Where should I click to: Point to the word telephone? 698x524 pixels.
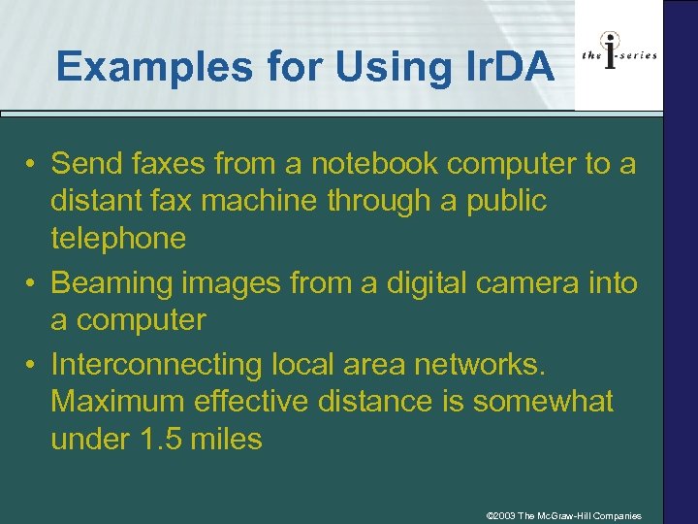pyautogui.click(x=117, y=239)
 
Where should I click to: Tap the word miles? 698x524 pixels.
pyautogui.click(x=226, y=439)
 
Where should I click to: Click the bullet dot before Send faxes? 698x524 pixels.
pyautogui.click(x=32, y=164)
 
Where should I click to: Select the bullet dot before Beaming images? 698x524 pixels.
pyautogui.click(x=32, y=284)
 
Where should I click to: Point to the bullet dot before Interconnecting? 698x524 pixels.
pyautogui.click(x=32, y=365)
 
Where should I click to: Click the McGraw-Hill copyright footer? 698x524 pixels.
pyautogui.click(x=563, y=515)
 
